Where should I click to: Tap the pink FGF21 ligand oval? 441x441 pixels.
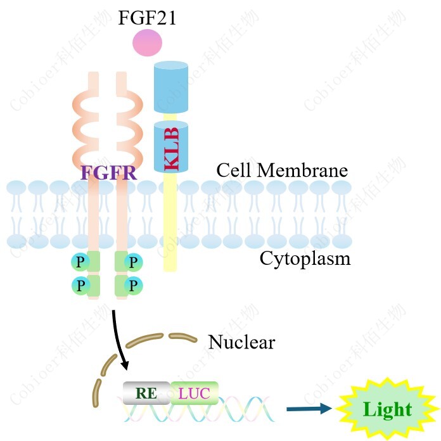(147, 42)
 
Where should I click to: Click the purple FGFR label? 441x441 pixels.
(108, 172)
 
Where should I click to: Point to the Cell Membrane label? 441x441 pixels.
(282, 170)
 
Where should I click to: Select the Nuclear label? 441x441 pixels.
(241, 343)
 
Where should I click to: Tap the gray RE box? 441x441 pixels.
(146, 393)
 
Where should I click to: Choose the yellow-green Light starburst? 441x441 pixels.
(387, 409)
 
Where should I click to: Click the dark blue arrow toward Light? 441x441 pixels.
(309, 409)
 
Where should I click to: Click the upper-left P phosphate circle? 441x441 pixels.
(80, 262)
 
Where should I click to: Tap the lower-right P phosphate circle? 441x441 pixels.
(133, 285)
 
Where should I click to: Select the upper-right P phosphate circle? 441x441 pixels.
(133, 262)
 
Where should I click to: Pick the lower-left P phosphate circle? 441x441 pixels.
(80, 285)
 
